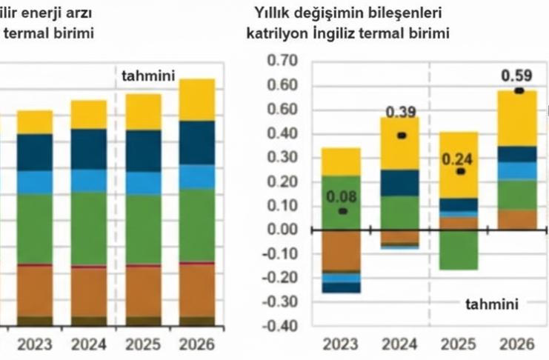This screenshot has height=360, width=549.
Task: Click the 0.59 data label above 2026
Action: (x=517, y=76)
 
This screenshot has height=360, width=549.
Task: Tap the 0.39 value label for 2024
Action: (x=402, y=113)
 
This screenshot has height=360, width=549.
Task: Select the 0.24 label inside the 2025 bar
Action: (x=458, y=159)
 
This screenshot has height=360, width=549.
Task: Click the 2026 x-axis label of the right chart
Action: (x=518, y=344)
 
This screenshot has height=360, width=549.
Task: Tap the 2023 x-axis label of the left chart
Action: (x=34, y=344)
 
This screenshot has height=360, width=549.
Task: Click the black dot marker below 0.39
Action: (x=402, y=136)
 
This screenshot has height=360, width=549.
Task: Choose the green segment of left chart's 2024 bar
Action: (x=89, y=227)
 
